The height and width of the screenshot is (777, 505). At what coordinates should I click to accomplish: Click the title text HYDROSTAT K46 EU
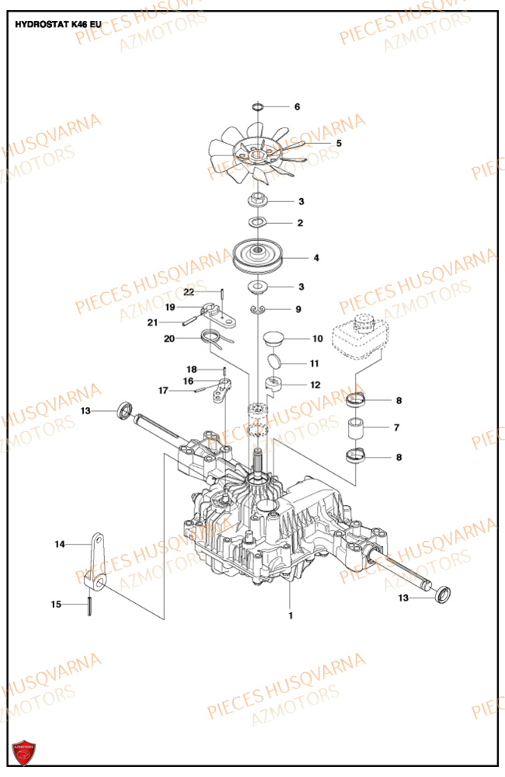click(x=58, y=24)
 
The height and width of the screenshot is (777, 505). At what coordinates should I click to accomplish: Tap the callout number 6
click(x=296, y=106)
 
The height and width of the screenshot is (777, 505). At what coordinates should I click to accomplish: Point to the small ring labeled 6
click(x=259, y=106)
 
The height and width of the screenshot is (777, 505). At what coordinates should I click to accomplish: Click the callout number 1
click(x=291, y=616)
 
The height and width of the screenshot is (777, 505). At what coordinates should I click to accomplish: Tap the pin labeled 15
click(x=92, y=604)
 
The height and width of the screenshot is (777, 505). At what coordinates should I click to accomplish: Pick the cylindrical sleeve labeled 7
click(x=357, y=428)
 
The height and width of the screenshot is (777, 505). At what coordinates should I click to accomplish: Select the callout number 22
click(x=188, y=291)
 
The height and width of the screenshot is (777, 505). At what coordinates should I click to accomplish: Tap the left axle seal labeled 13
click(x=123, y=409)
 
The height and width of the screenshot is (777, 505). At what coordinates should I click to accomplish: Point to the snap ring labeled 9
click(x=258, y=310)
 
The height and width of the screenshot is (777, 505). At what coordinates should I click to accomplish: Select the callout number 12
click(x=315, y=385)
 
